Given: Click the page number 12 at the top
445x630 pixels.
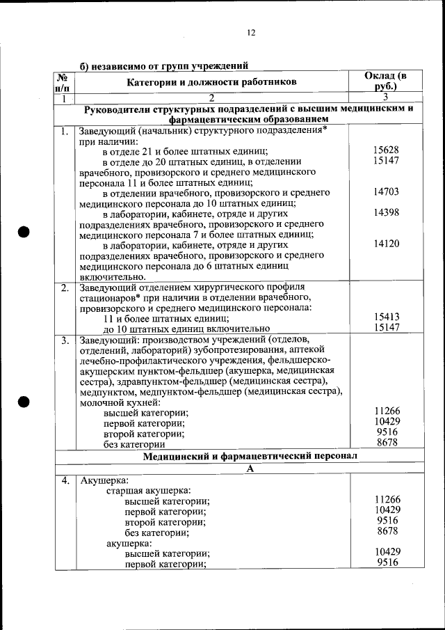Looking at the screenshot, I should [x=251, y=33].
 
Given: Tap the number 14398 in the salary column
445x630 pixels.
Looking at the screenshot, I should [x=386, y=212].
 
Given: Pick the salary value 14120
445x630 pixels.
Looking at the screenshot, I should [x=386, y=244].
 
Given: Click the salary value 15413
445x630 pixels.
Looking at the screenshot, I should [x=386, y=317].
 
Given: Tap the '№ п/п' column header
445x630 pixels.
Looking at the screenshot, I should [x=63, y=82].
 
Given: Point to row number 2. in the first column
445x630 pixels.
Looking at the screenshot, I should [x=64, y=288].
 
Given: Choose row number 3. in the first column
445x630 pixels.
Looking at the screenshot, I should [x=64, y=340].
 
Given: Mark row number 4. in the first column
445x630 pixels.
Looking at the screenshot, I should [x=64, y=480].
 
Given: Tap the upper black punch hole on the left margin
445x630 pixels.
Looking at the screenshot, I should [x=24, y=232].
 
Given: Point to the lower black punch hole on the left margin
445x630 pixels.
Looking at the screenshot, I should [x=24, y=401].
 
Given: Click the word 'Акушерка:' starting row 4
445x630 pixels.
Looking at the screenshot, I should [x=103, y=480].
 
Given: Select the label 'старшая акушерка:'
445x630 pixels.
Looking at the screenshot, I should [x=148, y=490].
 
